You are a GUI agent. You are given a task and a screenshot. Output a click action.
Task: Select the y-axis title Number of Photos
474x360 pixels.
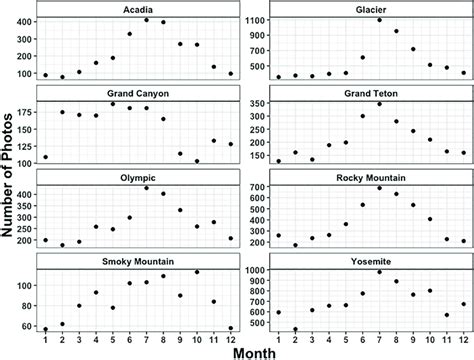(10, 170)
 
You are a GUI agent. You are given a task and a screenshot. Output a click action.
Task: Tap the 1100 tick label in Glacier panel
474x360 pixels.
(253, 20)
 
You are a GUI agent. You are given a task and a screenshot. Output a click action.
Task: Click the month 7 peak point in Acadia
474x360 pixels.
(147, 20)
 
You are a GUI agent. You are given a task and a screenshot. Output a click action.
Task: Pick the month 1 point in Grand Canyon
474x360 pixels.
(46, 157)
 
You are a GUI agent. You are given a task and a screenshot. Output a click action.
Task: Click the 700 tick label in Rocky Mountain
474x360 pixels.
(256, 187)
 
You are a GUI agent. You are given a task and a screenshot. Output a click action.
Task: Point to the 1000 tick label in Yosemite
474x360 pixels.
(253, 271)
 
